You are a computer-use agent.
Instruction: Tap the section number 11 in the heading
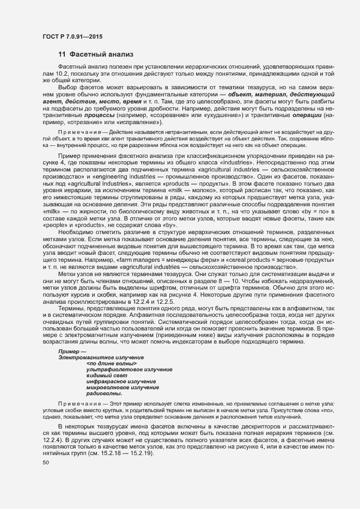pyautogui.click(x=62, y=54)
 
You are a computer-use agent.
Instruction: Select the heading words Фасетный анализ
pyautogui.click(x=98, y=54)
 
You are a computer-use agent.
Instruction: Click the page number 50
pyautogui.click(x=45, y=463)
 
